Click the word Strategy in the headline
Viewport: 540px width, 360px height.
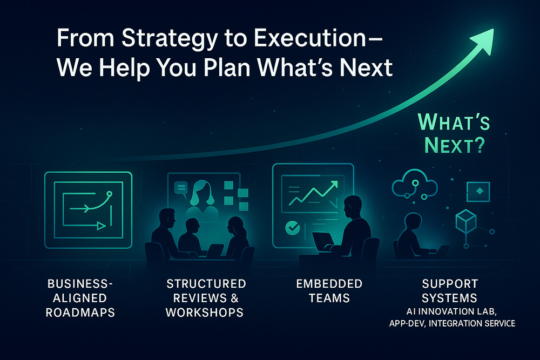click(x=169, y=38)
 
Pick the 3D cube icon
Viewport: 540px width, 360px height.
click(x=466, y=222)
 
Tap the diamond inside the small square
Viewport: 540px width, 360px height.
click(x=478, y=191)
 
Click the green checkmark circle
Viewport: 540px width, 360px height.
click(x=293, y=227)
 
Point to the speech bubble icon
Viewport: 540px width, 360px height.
click(x=181, y=188)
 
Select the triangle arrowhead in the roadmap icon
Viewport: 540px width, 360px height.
click(x=102, y=226)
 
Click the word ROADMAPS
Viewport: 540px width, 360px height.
click(x=80, y=312)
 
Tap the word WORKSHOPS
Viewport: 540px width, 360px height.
click(x=205, y=312)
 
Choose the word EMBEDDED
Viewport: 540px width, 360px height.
click(x=329, y=283)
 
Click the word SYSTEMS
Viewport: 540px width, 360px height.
click(x=449, y=297)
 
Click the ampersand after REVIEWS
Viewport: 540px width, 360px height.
click(x=234, y=298)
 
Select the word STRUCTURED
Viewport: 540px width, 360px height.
click(x=206, y=283)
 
